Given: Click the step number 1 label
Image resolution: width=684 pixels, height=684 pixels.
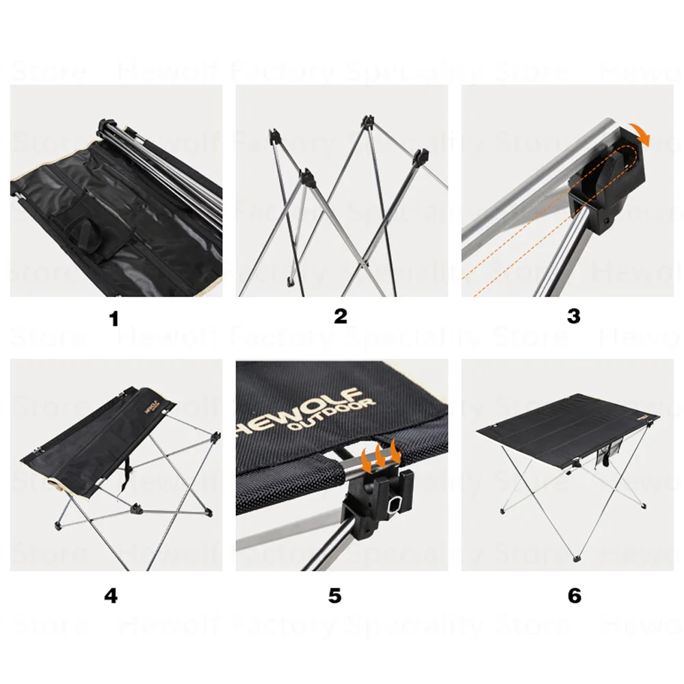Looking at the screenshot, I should pos(114,319).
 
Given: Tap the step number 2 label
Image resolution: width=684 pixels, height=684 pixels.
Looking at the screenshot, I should pos(341,316).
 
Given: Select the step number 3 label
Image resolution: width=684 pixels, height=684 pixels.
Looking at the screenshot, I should pos(573,316).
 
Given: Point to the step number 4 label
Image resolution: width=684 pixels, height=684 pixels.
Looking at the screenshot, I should pos(111,595).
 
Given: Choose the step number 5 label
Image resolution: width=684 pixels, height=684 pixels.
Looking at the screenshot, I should pos(334,595).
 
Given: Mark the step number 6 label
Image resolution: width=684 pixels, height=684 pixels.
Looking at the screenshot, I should pos(574,595).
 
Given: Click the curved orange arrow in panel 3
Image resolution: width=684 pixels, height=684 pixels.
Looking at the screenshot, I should pos(642,133).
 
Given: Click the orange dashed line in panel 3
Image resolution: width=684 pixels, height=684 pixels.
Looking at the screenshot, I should pos(520,239).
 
